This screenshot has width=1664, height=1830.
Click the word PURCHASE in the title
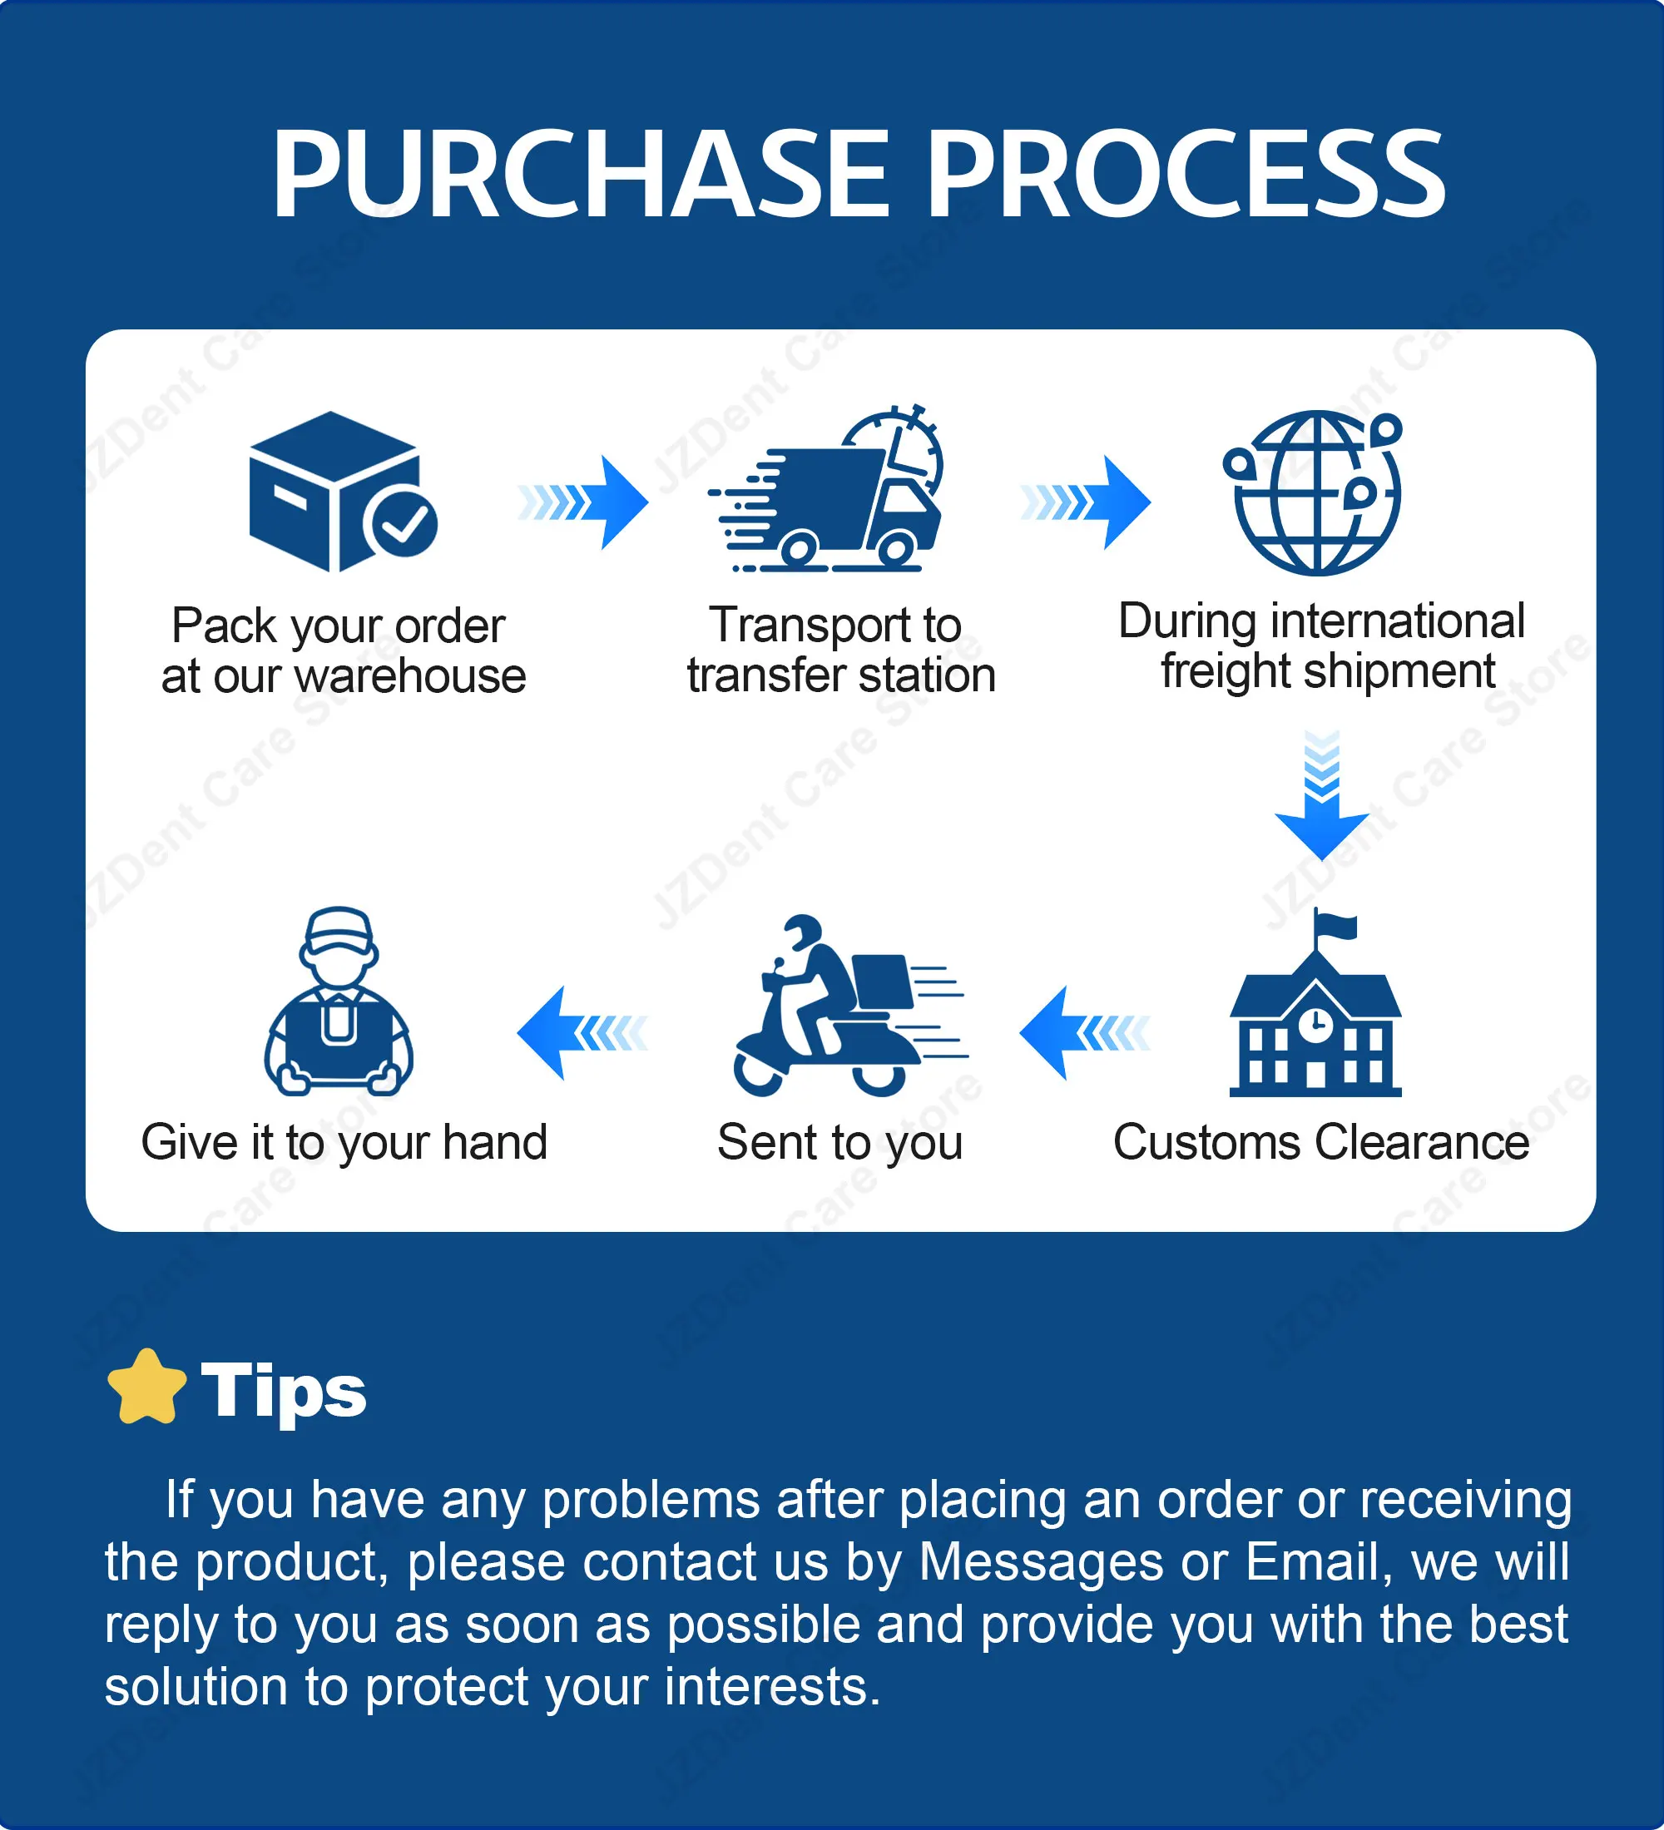pyautogui.click(x=581, y=173)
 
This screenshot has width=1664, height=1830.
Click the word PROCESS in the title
pyautogui.click(x=1186, y=173)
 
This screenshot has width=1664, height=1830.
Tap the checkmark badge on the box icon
pyautogui.click(x=401, y=524)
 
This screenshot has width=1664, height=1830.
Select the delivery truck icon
pyautogui.click(x=826, y=489)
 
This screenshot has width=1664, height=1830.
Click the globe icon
pyautogui.click(x=1314, y=493)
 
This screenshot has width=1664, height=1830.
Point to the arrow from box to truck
pyautogui.click(x=582, y=502)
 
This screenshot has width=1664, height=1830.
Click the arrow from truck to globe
pyautogui.click(x=1086, y=502)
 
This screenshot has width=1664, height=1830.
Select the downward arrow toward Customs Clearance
pyautogui.click(x=1322, y=795)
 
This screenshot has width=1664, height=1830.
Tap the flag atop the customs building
pyautogui.click(x=1335, y=927)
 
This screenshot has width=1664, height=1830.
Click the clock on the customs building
pyautogui.click(x=1315, y=1025)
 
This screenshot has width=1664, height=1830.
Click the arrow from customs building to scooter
pyautogui.click(x=1085, y=1033)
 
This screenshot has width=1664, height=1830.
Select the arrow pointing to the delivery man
pyautogui.click(x=582, y=1033)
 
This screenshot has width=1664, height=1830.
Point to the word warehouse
pyautogui.click(x=410, y=676)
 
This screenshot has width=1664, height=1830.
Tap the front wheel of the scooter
pyautogui.click(x=759, y=1071)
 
